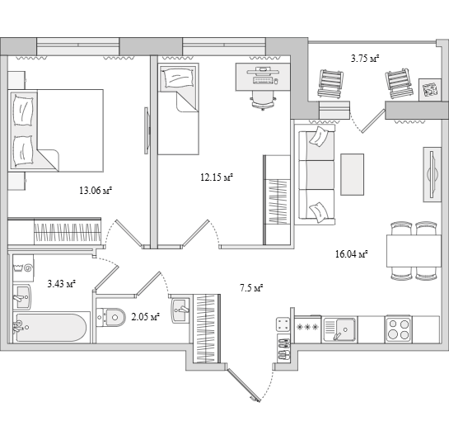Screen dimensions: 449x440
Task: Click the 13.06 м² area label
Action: tap(96, 191)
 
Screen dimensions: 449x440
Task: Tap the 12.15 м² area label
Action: tap(217, 177)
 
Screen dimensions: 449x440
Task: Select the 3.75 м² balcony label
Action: tap(365, 59)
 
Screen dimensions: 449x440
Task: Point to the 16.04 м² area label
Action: tap(352, 254)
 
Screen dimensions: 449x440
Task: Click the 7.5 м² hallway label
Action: tap(251, 287)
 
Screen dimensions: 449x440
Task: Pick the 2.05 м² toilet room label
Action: tap(146, 317)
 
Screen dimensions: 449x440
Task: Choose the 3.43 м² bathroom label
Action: tap(62, 284)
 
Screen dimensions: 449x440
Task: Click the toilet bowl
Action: tap(111, 317)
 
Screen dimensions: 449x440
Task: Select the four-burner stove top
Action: tap(398, 329)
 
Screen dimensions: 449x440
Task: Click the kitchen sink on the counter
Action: tap(339, 329)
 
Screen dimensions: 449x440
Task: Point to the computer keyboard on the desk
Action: tap(262, 80)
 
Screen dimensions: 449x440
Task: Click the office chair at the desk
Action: tap(263, 101)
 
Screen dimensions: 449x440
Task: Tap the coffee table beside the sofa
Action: tap(353, 174)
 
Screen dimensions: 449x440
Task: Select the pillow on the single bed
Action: tap(179, 78)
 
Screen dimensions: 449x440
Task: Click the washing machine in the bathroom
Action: tap(23, 267)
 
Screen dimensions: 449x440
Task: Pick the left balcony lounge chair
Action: tap(330, 84)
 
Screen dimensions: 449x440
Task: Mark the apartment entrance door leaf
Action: tap(244, 385)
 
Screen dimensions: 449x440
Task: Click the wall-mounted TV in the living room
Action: tap(433, 174)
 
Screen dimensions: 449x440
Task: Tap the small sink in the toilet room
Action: tap(180, 310)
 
